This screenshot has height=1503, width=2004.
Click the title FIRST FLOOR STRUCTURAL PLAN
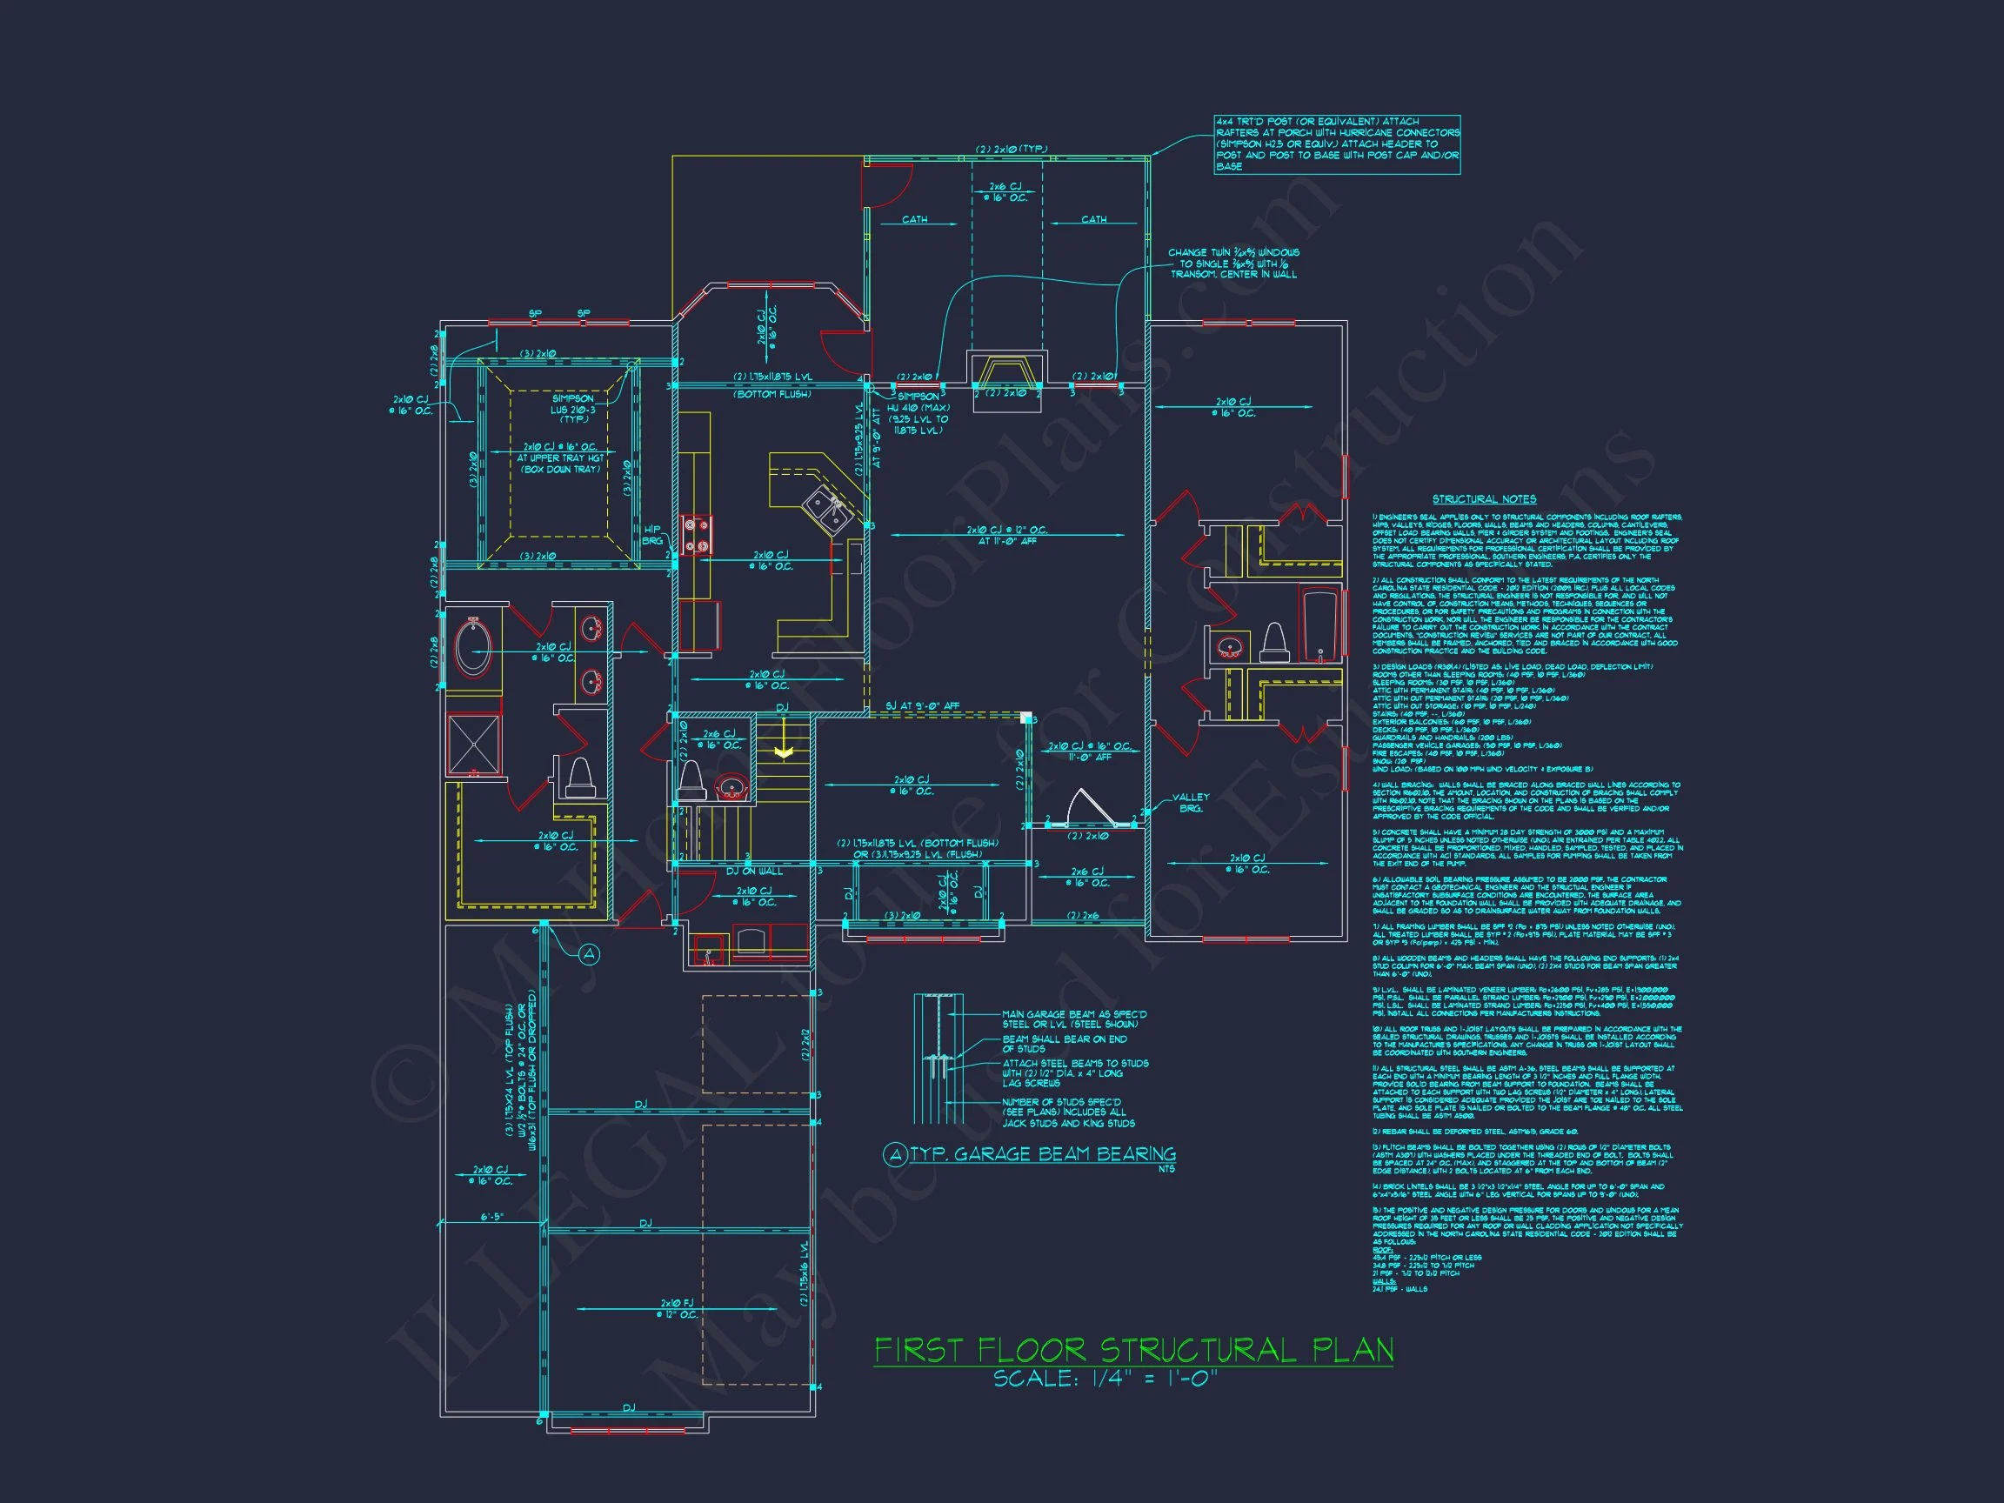[x=1132, y=1351]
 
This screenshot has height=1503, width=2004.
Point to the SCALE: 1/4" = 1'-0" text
[x=1106, y=1379]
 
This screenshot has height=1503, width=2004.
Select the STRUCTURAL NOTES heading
[x=1484, y=499]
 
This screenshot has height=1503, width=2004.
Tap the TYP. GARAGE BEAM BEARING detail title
[x=1042, y=1154]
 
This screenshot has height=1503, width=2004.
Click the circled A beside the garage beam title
[x=895, y=1154]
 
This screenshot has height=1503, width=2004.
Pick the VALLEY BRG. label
[x=1191, y=803]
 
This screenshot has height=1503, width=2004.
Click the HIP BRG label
[x=652, y=535]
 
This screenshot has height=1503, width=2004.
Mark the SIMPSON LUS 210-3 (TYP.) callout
[x=572, y=409]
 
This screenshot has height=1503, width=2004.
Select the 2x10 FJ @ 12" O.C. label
[x=678, y=1308]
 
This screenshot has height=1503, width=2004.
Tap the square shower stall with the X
[x=474, y=745]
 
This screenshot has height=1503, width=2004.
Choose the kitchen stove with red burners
[x=697, y=535]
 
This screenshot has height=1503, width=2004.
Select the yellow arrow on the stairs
[x=784, y=752]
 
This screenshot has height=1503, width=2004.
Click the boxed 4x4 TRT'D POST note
[x=1336, y=144]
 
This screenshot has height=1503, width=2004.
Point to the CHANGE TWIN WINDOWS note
[x=1233, y=263]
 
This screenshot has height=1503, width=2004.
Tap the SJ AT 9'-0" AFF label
[x=921, y=705]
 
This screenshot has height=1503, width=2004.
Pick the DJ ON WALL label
[x=754, y=871]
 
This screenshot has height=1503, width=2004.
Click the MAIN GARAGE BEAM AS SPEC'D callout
[x=1073, y=1019]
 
